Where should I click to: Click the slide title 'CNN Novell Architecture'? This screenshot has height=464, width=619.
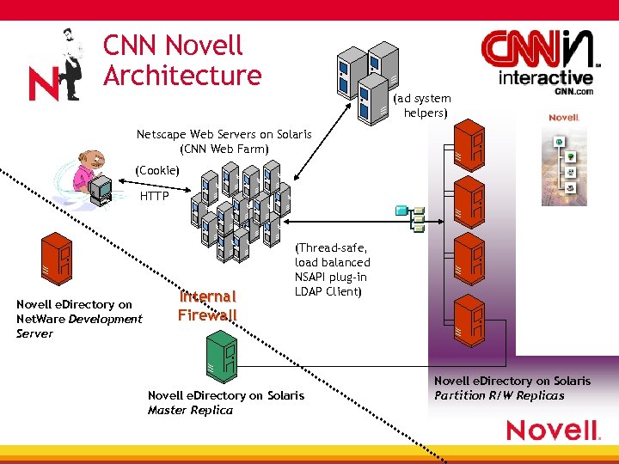point(181,60)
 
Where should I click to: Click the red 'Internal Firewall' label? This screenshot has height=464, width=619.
point(207,305)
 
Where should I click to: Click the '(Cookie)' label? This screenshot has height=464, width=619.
point(156,171)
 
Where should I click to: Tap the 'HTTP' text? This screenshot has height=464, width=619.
point(155,197)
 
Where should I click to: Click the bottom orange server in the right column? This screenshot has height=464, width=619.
point(470,319)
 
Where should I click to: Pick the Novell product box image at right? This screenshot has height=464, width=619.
point(564,160)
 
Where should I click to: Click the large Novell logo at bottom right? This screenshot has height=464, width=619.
point(551,430)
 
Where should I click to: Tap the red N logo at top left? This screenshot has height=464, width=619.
point(43,84)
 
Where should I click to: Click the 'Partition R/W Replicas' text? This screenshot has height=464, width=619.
point(499,395)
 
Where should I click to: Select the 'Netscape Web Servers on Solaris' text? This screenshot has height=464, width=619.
point(224,135)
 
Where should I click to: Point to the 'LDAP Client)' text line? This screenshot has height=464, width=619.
point(329,290)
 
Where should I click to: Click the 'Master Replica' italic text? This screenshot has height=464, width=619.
point(190,410)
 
